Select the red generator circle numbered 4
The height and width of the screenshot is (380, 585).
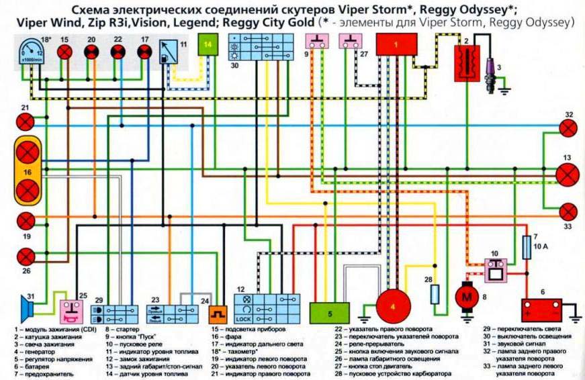click(x=394, y=307)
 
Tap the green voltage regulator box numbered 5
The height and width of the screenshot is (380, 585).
click(x=329, y=313)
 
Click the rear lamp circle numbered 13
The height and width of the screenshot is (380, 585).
click(x=568, y=174)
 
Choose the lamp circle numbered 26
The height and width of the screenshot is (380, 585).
click(x=26, y=255)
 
